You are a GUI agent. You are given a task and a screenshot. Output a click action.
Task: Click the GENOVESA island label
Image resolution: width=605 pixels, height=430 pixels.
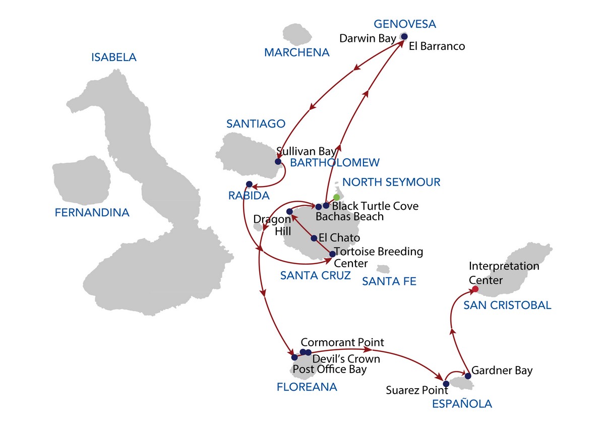click(x=405, y=24)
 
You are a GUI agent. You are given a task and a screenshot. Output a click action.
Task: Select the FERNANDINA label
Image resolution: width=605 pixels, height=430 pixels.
click(x=92, y=213)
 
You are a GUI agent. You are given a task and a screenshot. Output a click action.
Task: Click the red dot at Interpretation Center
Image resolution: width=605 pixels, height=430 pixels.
click(x=474, y=289)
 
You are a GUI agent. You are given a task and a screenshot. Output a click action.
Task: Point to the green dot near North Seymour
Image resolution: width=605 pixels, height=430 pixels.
click(x=336, y=197)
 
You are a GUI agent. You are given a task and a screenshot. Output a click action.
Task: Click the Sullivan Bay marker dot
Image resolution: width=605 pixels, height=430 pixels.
click(x=278, y=162)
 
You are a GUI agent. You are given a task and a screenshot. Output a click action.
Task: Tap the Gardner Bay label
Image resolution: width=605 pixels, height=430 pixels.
click(x=502, y=371)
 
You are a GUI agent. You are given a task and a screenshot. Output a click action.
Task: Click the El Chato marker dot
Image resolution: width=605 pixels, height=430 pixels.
click(x=314, y=238)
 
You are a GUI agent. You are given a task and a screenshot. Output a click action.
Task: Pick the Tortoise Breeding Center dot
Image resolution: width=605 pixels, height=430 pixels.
click(x=332, y=254)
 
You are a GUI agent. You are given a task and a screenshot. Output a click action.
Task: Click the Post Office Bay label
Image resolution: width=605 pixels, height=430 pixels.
click(x=330, y=370)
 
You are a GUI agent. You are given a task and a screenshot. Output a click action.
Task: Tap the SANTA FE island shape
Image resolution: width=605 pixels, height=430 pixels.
click(x=383, y=269)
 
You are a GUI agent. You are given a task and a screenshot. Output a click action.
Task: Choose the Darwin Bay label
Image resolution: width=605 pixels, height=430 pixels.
click(x=368, y=38)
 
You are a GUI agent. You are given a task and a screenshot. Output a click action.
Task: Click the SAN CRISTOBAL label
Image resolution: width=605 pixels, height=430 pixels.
click(x=507, y=305)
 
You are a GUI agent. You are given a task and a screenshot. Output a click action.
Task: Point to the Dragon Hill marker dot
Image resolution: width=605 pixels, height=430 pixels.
click(x=289, y=212)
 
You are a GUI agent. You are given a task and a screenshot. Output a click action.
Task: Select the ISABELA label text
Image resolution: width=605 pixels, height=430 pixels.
click(x=113, y=57)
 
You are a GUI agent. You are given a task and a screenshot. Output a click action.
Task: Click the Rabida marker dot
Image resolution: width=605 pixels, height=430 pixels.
click(x=249, y=184)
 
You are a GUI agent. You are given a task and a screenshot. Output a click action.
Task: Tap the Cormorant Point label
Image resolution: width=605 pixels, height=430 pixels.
click(x=342, y=342)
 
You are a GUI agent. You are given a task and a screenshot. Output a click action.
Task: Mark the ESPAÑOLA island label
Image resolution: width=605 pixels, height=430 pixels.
click(x=462, y=404)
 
